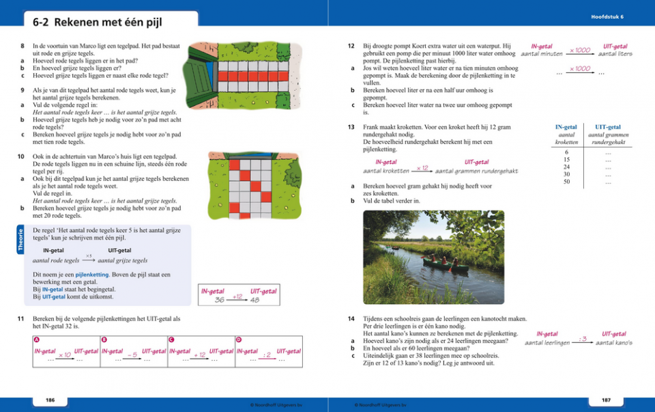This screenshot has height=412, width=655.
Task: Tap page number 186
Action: pos(50,400)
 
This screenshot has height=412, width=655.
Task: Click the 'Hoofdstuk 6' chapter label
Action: pos(607,16)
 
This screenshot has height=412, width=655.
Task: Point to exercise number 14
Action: pos(351,318)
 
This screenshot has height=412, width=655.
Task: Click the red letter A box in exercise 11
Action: pos(36,340)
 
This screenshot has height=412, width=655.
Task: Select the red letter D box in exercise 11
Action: pos(238,340)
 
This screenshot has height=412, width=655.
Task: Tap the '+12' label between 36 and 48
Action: pos(237,297)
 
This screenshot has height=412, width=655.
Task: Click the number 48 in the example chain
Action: pos(254,300)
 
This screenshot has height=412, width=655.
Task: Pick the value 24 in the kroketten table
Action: pos(566,167)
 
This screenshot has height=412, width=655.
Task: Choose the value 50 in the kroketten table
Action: pos(566,182)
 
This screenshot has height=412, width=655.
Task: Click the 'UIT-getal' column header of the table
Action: pos(608,127)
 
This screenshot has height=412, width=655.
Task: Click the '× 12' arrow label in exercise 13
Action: pos(422,167)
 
